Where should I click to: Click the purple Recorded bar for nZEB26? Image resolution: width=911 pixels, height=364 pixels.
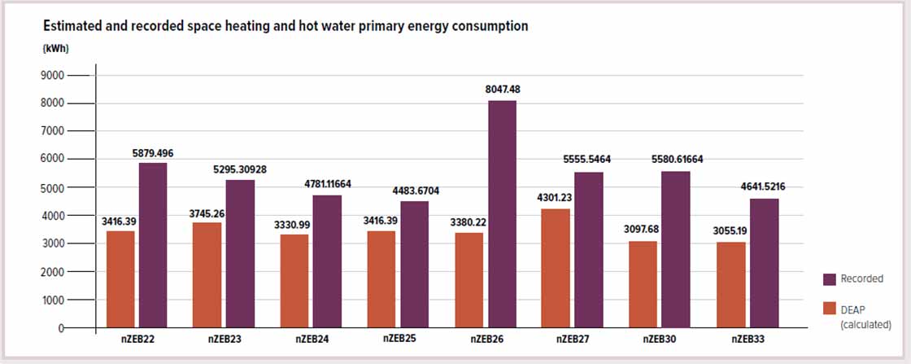[502, 214]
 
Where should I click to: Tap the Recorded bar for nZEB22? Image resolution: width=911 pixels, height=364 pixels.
[153, 245]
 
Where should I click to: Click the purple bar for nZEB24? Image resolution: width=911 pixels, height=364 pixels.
[327, 261]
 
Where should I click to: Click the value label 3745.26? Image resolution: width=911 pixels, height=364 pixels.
[207, 214]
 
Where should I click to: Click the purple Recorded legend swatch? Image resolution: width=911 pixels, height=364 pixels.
[830, 278]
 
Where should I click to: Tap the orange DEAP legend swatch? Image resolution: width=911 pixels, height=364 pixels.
[830, 308]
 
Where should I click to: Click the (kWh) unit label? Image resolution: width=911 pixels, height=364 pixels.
[55, 49]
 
